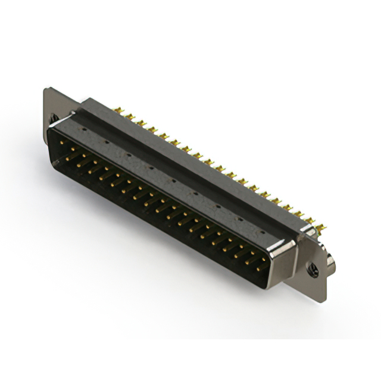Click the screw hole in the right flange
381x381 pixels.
[314, 270]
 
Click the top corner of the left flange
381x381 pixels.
[46, 90]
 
